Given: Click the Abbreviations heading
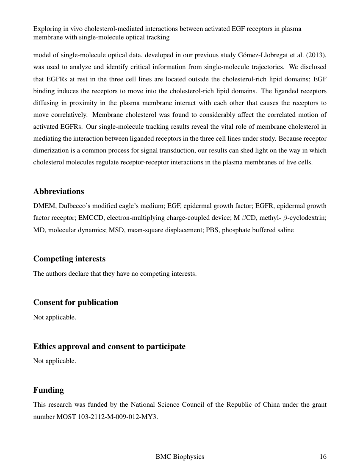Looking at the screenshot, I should click(58, 191).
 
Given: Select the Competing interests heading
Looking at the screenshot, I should click(69, 259).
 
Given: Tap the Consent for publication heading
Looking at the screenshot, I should click(76, 302).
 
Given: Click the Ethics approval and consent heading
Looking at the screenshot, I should click(109, 347).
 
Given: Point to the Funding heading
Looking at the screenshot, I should click(48, 390).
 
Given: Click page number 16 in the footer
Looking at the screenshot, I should click(323, 457).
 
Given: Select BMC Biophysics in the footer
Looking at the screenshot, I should click(180, 457).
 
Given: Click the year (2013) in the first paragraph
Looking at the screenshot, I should click(316, 55).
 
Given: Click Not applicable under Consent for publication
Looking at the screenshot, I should click(55, 317).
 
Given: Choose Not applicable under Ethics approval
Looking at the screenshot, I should click(55, 361).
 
